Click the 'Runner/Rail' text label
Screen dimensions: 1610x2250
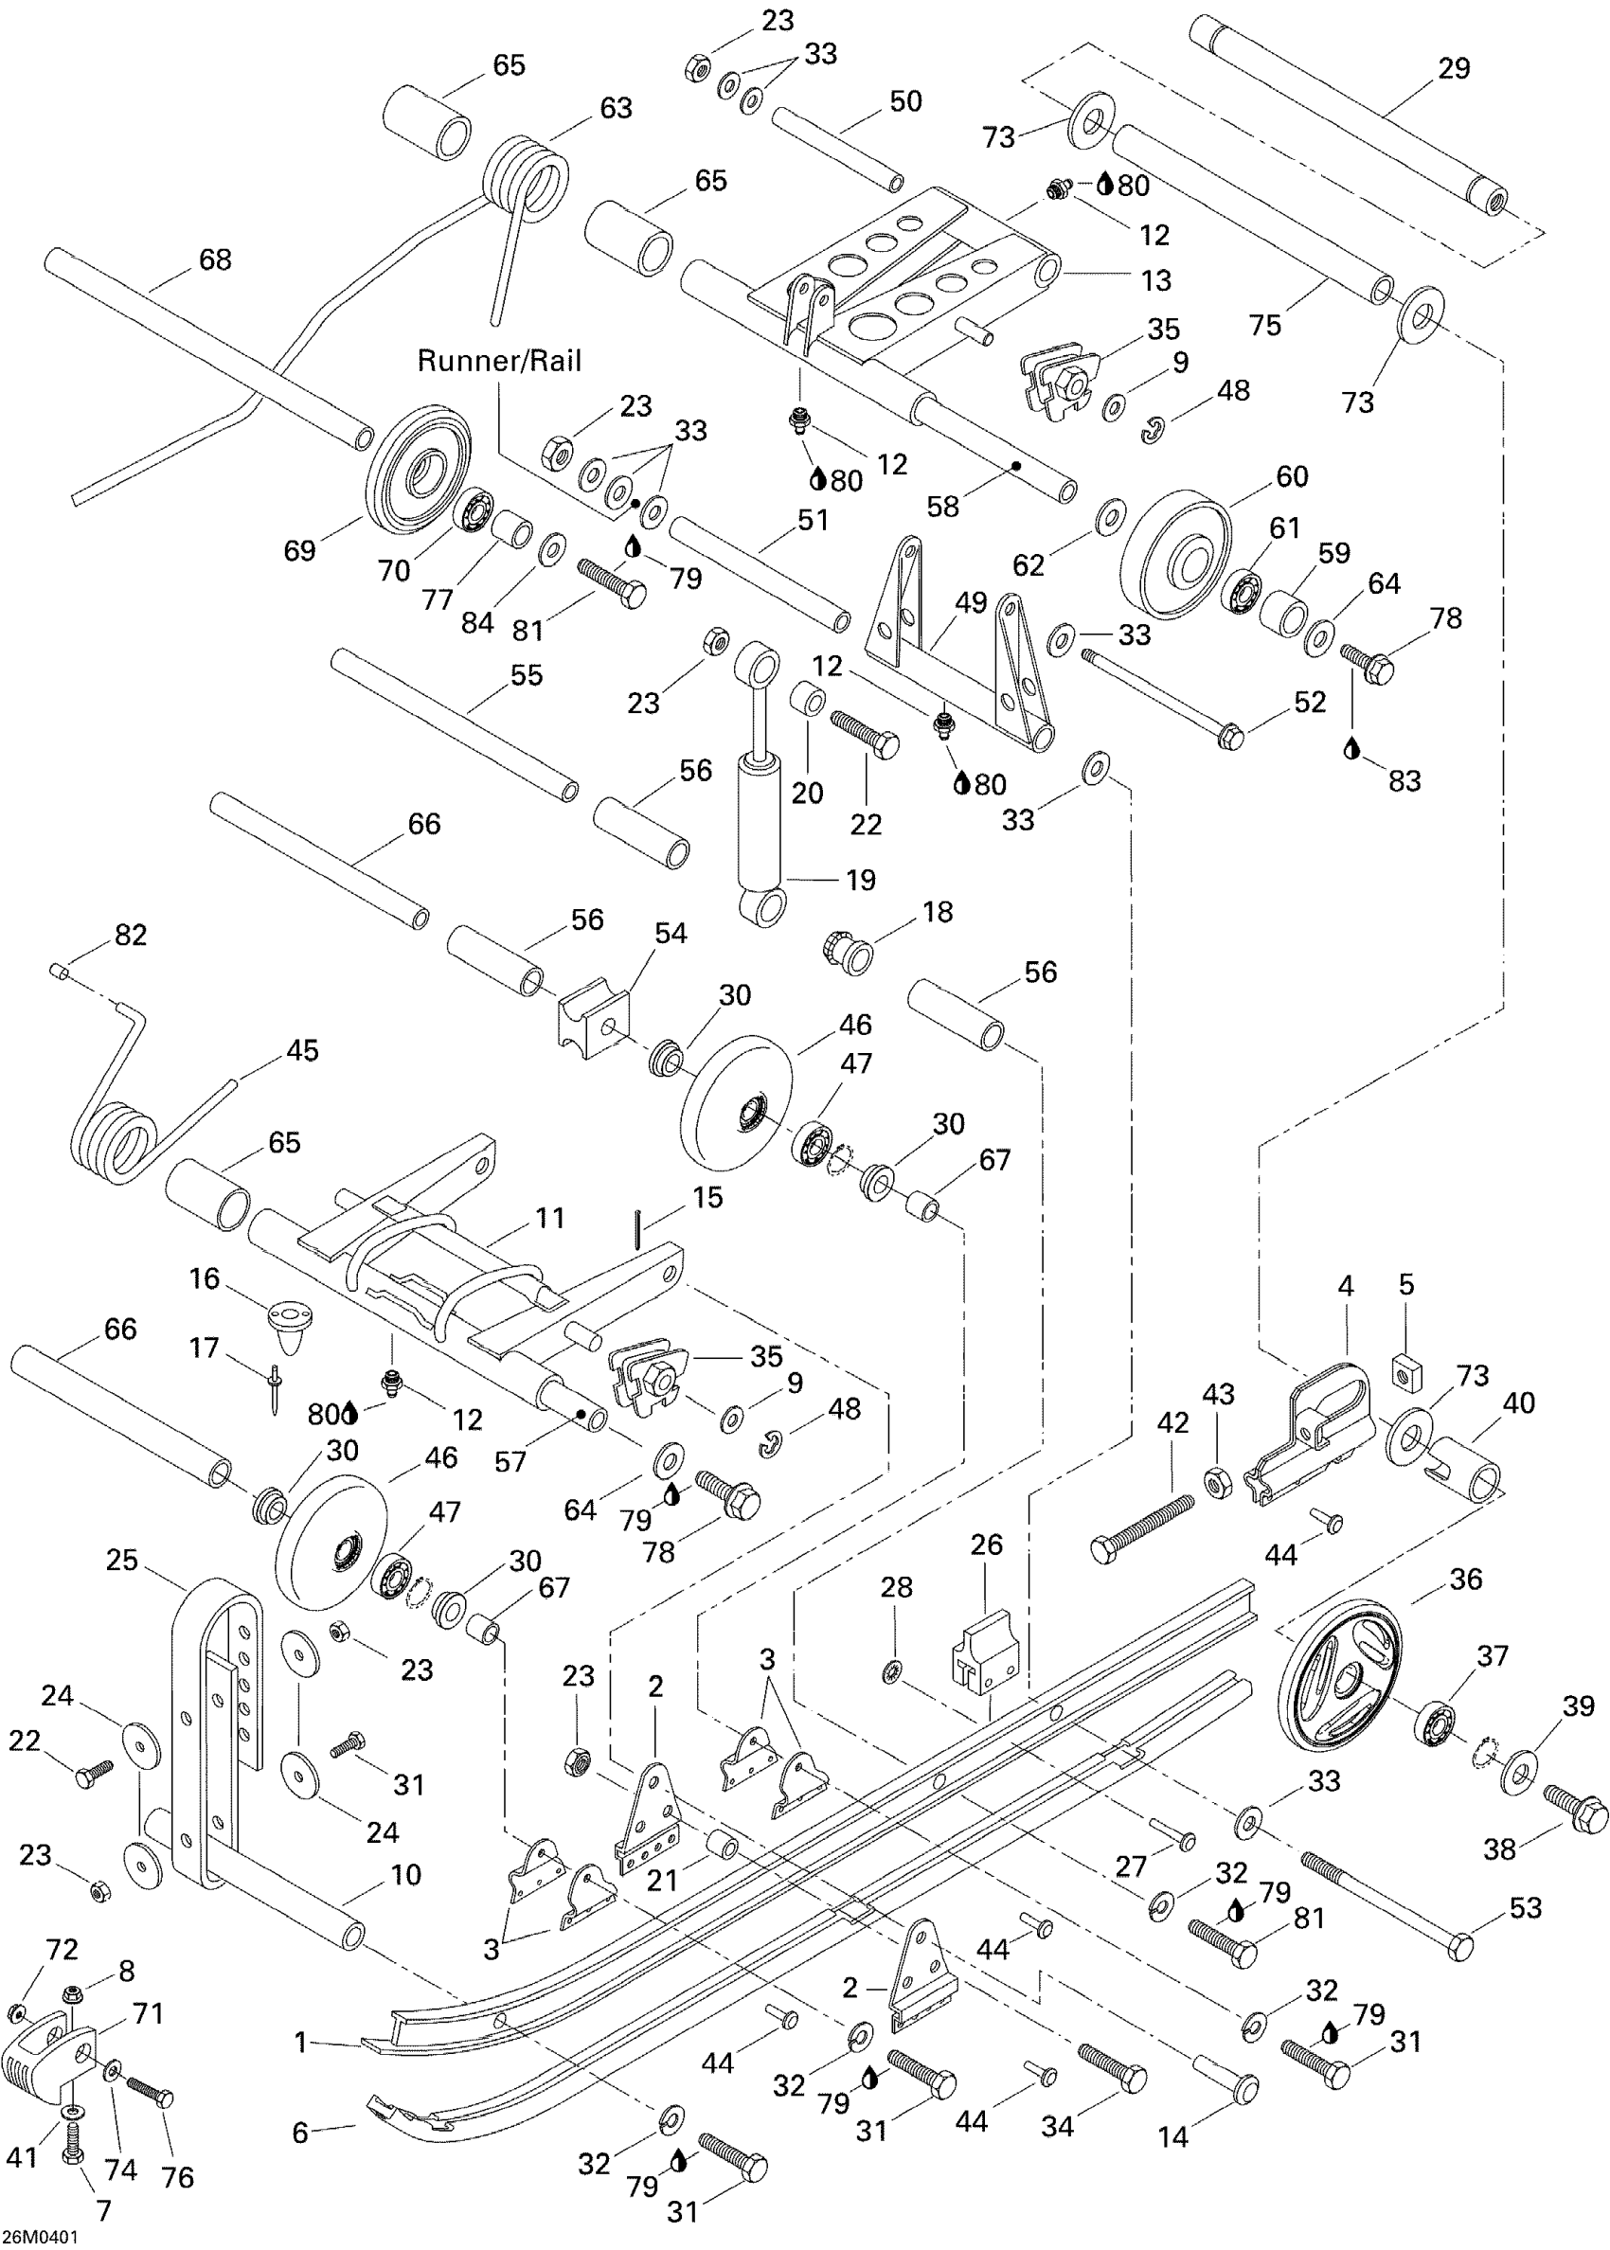(499, 361)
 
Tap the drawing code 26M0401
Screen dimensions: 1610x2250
(41, 2237)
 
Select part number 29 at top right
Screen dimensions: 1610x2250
(1454, 68)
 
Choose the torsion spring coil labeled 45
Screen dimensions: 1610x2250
(115, 1142)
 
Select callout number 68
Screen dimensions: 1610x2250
(215, 259)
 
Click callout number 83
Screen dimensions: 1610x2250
(1404, 781)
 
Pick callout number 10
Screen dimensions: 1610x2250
(406, 1874)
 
